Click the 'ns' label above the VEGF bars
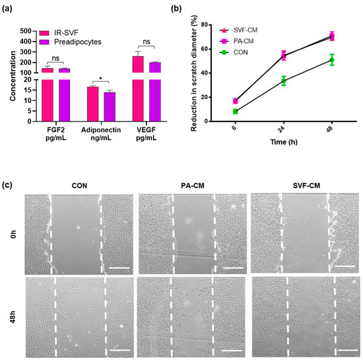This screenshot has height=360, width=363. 147,42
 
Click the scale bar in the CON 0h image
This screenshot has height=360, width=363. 116,249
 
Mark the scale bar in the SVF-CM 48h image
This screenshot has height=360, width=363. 345,343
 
